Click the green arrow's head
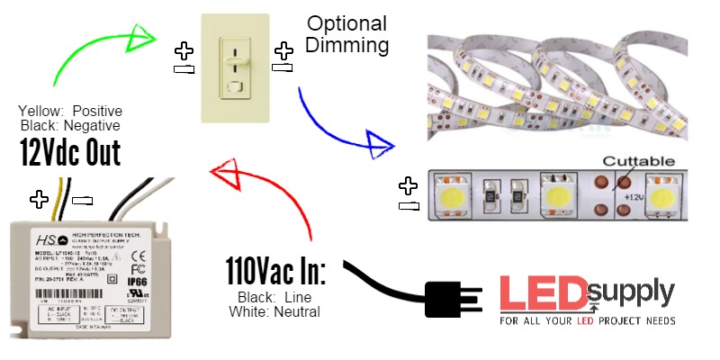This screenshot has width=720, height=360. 142,37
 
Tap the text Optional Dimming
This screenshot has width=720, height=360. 346,33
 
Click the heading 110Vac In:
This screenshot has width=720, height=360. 275,271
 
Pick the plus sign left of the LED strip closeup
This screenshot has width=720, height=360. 408,185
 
